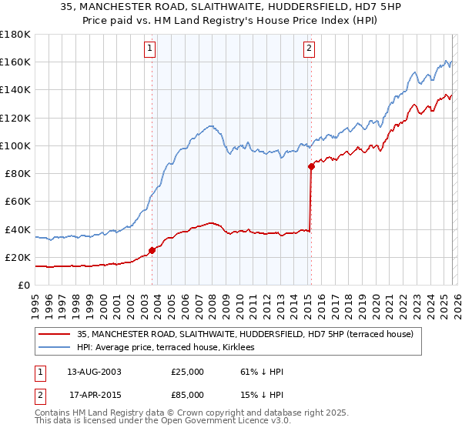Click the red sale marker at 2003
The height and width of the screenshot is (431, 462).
(x=152, y=249)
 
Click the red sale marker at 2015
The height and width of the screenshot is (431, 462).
(x=311, y=166)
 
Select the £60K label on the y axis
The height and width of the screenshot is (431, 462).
(x=17, y=201)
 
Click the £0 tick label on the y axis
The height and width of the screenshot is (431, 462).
(x=23, y=285)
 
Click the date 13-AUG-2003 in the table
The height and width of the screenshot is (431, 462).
(x=94, y=372)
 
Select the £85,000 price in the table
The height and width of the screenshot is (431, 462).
(x=188, y=395)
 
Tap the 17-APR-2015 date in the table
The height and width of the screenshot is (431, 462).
(x=94, y=395)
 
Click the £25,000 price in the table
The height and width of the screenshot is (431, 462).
(x=188, y=372)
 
